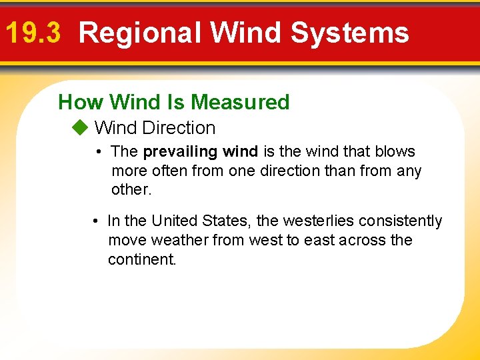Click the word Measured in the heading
click(x=240, y=102)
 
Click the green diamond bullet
click(x=80, y=127)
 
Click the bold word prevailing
click(x=181, y=152)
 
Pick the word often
click(x=170, y=171)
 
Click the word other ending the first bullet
click(x=131, y=189)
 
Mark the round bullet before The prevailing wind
click(x=98, y=152)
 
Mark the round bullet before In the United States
click(x=95, y=221)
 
